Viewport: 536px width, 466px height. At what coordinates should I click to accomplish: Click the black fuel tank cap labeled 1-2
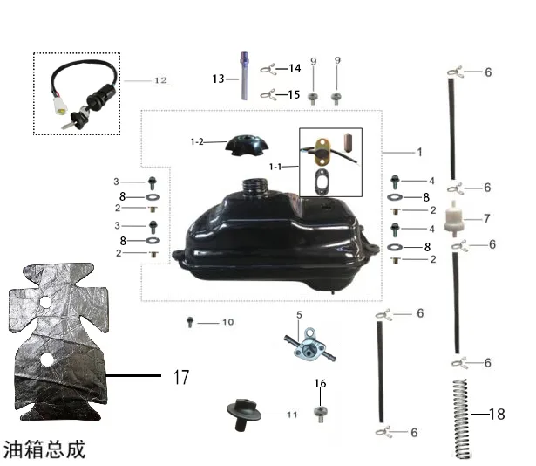coord(247,146)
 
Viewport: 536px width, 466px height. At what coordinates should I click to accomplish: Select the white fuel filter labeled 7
coord(453,219)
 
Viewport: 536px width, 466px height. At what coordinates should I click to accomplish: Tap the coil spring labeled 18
coord(462,419)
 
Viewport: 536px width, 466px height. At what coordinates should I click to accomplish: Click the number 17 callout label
coord(181,377)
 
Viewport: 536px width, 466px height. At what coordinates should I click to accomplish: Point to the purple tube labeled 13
coord(244,76)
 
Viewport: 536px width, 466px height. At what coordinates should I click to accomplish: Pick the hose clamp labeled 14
coord(268,69)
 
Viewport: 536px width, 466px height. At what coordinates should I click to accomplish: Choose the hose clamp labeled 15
coord(268,94)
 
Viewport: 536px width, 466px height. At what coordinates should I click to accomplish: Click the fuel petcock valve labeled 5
coord(309,346)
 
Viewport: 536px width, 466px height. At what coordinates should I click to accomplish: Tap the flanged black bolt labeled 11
coord(244,414)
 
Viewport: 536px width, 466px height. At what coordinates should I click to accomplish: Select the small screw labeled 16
coord(321,414)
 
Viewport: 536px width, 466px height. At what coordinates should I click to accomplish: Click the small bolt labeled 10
coord(190,322)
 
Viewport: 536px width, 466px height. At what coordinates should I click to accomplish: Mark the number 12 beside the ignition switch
coord(160,80)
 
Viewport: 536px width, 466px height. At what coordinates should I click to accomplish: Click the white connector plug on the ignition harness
coord(60,106)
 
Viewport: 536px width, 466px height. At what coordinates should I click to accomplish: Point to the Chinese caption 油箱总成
coord(44,449)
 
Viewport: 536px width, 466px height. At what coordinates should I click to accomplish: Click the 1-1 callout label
coord(275,167)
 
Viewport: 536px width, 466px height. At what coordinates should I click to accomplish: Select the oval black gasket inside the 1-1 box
coord(322,182)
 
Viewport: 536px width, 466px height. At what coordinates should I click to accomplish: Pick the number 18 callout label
coord(497,415)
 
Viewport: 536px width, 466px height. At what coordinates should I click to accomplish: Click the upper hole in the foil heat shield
coord(45,302)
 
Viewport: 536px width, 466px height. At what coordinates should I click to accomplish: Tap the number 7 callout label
coord(487,218)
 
